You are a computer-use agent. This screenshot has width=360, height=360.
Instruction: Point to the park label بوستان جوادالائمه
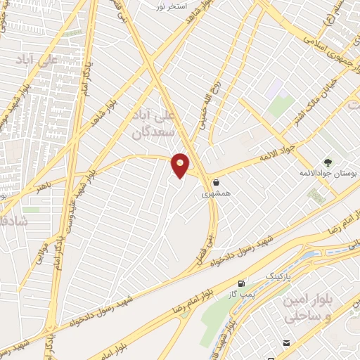(330, 173)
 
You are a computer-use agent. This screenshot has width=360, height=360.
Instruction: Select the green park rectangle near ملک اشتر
(281, 106)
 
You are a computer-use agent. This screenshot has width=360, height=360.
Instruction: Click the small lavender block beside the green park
(273, 89)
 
